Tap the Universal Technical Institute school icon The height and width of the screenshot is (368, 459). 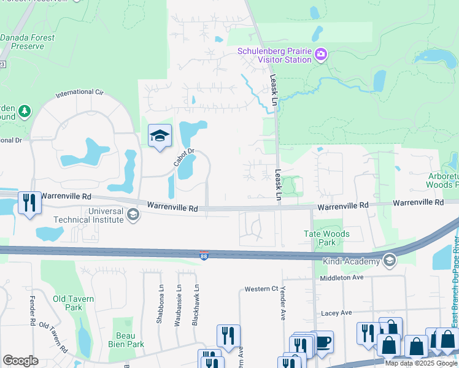click(133, 215)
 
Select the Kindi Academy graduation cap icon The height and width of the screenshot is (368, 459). click(388, 261)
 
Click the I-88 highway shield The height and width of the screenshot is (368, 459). click(203, 256)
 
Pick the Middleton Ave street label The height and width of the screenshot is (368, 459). click(342, 277)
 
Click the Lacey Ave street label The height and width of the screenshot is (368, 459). click(337, 313)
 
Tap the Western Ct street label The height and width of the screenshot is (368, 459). click(261, 289)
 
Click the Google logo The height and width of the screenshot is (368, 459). click(20, 361)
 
